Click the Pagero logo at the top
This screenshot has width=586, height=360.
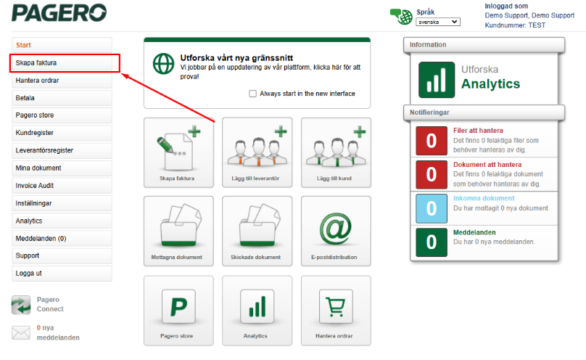(x=59, y=13)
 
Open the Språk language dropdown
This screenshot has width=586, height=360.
(x=438, y=22)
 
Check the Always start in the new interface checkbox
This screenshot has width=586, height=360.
(x=252, y=94)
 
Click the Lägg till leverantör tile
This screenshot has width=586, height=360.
(x=257, y=152)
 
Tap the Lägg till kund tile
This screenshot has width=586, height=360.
(x=336, y=152)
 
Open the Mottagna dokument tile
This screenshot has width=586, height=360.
(x=178, y=231)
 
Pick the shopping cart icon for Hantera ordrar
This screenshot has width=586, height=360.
(x=336, y=307)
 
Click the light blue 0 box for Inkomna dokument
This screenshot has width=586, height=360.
(x=432, y=208)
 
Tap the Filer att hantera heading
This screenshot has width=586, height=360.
(x=478, y=131)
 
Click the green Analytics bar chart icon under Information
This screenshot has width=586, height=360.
(x=437, y=80)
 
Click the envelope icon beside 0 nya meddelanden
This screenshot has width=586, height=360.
(x=21, y=332)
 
